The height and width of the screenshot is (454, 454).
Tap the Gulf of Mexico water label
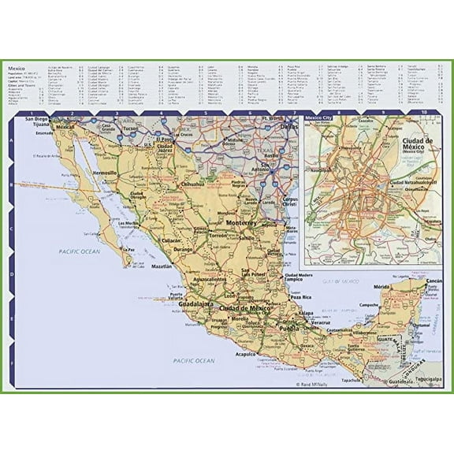[x=340, y=281]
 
